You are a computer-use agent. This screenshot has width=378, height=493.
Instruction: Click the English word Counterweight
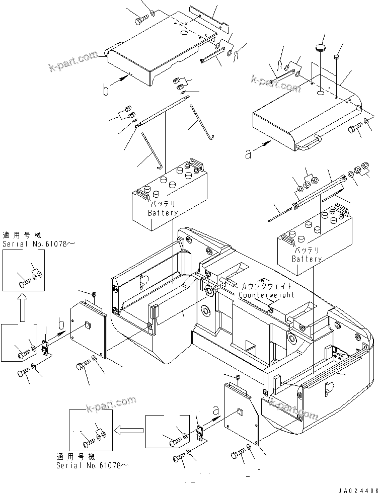[266, 295]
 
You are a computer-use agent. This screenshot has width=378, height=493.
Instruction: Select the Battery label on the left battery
[163, 213]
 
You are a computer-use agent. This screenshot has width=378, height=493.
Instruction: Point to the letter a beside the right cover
[248, 153]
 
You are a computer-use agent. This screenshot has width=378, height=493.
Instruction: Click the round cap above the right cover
[320, 49]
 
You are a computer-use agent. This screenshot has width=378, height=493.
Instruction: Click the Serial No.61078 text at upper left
[39, 244]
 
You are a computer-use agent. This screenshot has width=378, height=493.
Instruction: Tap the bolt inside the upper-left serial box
[24, 283]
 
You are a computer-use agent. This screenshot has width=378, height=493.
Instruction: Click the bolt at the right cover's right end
[354, 128]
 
